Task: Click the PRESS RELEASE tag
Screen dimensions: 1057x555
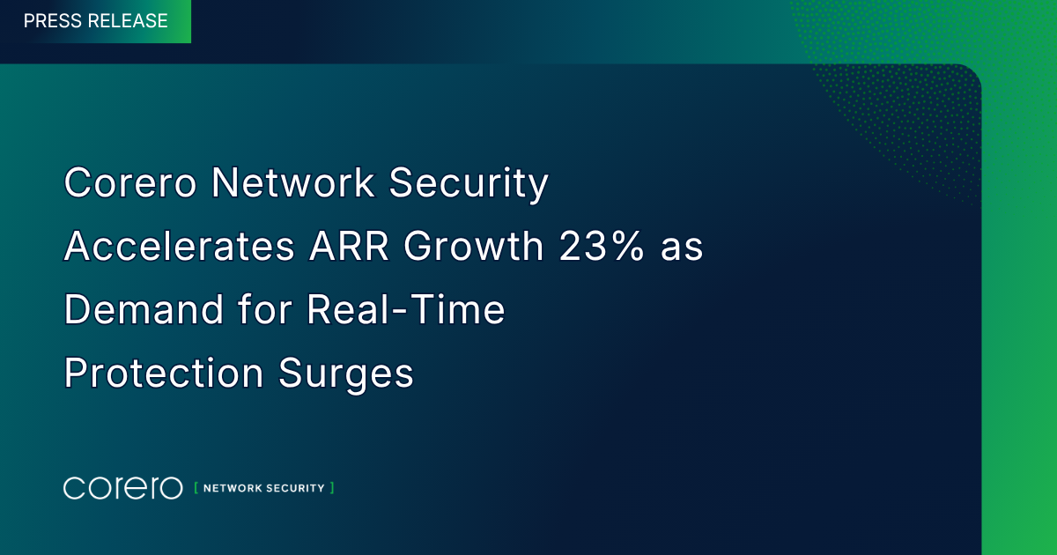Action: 95,21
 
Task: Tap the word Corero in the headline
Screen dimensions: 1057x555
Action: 129,182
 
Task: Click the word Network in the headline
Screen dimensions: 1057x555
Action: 292,182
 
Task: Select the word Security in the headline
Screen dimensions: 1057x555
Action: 469,184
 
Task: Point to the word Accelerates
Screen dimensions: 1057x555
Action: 180,247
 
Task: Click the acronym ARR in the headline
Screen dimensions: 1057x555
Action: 349,247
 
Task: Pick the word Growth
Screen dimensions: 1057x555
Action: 474,247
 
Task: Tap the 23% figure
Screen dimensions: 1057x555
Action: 601,247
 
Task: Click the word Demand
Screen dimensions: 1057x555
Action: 144,309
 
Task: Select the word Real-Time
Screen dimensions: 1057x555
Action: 406,309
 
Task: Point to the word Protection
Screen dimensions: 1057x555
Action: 163,373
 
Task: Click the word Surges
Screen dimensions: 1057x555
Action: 346,374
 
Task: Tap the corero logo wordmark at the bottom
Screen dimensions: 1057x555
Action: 122,488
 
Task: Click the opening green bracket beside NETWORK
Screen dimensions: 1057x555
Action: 196,488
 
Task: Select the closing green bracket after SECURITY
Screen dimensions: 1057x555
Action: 332,488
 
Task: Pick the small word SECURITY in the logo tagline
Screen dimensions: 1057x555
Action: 295,488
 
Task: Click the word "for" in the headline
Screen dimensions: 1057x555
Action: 265,309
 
